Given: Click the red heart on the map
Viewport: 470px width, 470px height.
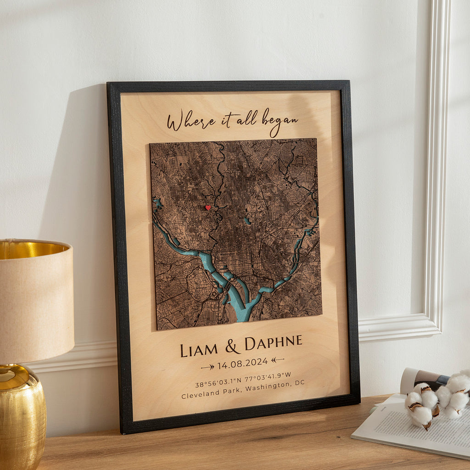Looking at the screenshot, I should tap(207, 207).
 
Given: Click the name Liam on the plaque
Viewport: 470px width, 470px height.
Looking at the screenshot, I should tap(199, 349).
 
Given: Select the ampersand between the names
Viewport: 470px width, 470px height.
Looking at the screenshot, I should tap(232, 347).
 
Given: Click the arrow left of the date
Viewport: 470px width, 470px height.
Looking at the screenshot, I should tap(207, 367).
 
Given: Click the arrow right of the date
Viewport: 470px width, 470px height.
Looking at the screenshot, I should tap(277, 360).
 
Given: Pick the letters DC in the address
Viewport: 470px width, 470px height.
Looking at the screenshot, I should tap(299, 382).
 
